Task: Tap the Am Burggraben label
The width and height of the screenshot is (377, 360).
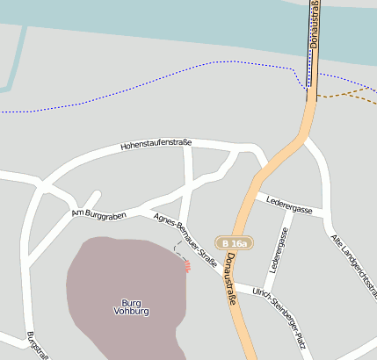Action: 99,214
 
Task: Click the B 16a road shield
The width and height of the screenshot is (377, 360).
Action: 235,243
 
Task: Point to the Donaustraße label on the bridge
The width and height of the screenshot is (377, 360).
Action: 314,26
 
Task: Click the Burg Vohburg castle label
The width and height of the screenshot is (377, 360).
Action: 132,307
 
